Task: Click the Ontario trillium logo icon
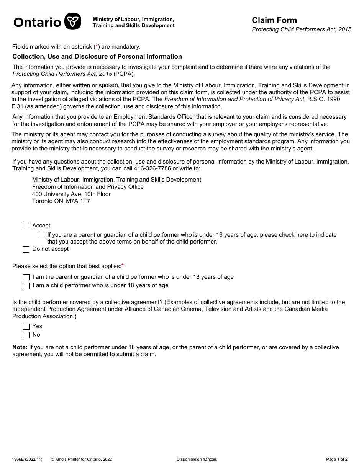pyautogui.click(x=73, y=21)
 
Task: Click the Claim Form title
pyautogui.click(x=274, y=20)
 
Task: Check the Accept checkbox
pyautogui.click(x=26, y=226)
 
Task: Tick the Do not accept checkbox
pyautogui.click(x=26, y=250)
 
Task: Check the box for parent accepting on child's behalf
pyautogui.click(x=41, y=235)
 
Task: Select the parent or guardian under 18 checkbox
pyautogui.click(x=26, y=277)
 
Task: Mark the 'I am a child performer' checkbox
pyautogui.click(x=26, y=286)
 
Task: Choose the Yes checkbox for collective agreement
pyautogui.click(x=26, y=327)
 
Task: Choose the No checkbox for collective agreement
pyautogui.click(x=26, y=335)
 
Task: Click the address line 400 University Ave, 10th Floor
pyautogui.click(x=71, y=194)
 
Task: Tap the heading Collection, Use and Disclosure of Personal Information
pyautogui.click(x=97, y=57)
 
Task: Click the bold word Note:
pyautogui.click(x=20, y=347)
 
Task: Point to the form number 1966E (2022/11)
pyautogui.click(x=27, y=459)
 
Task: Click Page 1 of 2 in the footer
pyautogui.click(x=337, y=459)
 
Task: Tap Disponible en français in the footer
pyautogui.click(x=197, y=459)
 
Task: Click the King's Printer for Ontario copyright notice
pyautogui.click(x=81, y=459)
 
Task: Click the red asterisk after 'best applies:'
pyautogui.click(x=123, y=266)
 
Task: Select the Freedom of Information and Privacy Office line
pyautogui.click(x=88, y=187)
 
